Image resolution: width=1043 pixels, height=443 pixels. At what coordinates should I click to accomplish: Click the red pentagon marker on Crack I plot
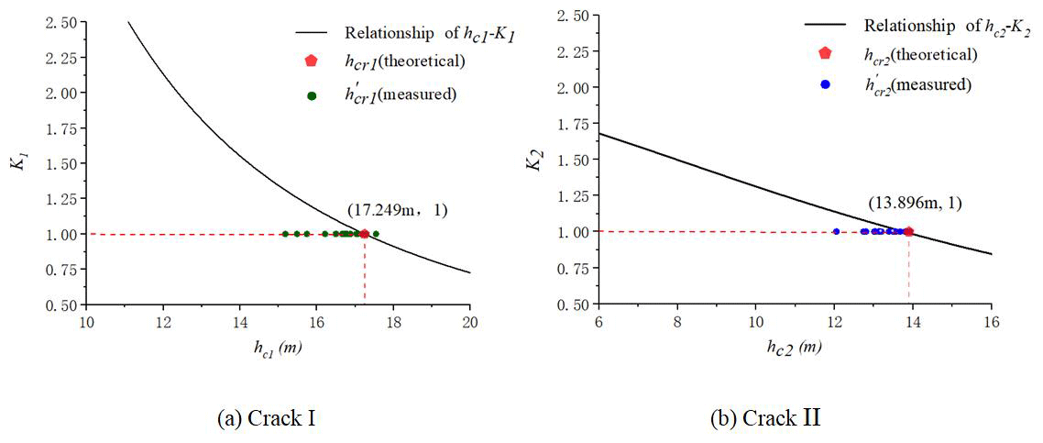click(364, 234)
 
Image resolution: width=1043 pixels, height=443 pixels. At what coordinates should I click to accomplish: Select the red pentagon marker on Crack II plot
click(908, 231)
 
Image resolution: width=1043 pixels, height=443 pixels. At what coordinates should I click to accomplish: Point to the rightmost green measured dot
click(376, 234)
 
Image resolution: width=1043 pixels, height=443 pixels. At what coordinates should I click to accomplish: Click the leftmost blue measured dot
click(836, 231)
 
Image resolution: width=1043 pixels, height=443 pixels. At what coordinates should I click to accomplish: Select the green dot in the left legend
click(312, 94)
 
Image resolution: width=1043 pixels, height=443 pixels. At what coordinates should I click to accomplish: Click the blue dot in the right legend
click(825, 84)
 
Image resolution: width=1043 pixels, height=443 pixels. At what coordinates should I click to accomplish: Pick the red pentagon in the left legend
click(312, 61)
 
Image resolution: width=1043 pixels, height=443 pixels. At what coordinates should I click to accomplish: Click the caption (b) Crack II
click(765, 419)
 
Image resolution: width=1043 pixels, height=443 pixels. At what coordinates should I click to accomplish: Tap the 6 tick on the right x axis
click(598, 321)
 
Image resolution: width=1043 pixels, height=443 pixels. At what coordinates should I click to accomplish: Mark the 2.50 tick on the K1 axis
click(64, 22)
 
